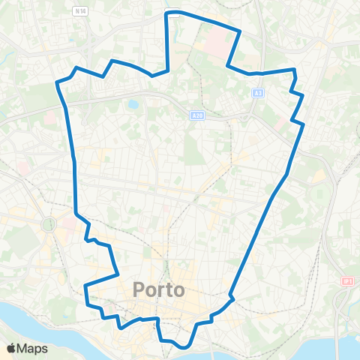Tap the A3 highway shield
coord(257,93)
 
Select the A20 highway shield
coord(196,115)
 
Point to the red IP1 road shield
coord(346,280)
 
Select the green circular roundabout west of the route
coord(49,224)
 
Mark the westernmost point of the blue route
coord(57,82)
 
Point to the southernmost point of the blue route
coord(184,348)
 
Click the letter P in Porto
coord(139,289)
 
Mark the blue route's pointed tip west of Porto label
coord(85,286)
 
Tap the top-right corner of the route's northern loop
coord(239,31)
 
